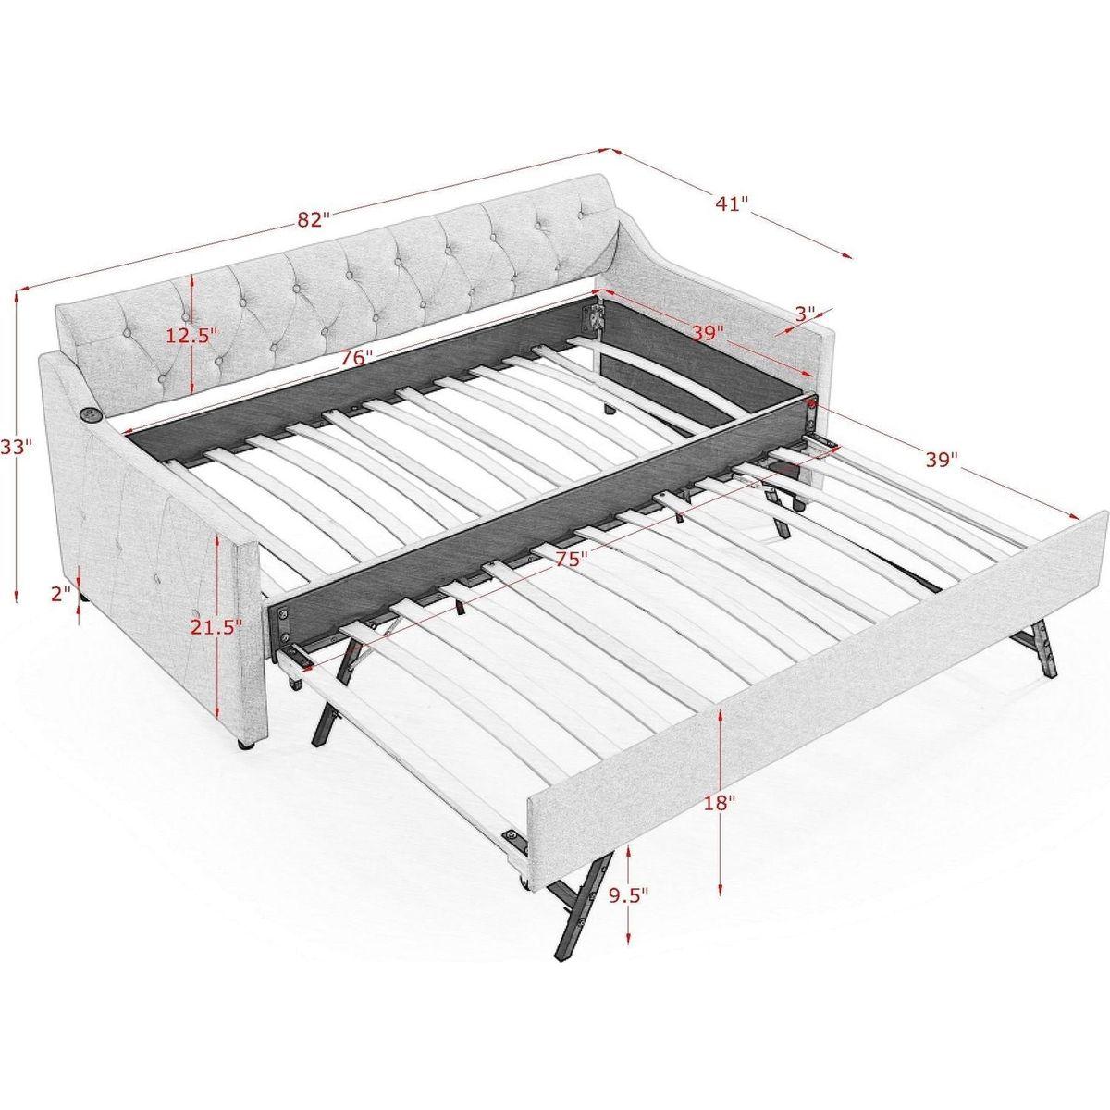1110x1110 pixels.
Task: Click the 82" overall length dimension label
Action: [314, 220]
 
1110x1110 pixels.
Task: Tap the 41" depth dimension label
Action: [731, 203]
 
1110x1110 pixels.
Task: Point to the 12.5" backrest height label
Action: [191, 335]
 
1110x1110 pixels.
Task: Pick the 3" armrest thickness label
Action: [805, 314]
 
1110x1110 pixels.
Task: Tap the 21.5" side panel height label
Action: [216, 626]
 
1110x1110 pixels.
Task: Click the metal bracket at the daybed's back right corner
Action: [592, 315]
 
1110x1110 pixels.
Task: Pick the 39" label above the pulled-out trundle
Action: [942, 460]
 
